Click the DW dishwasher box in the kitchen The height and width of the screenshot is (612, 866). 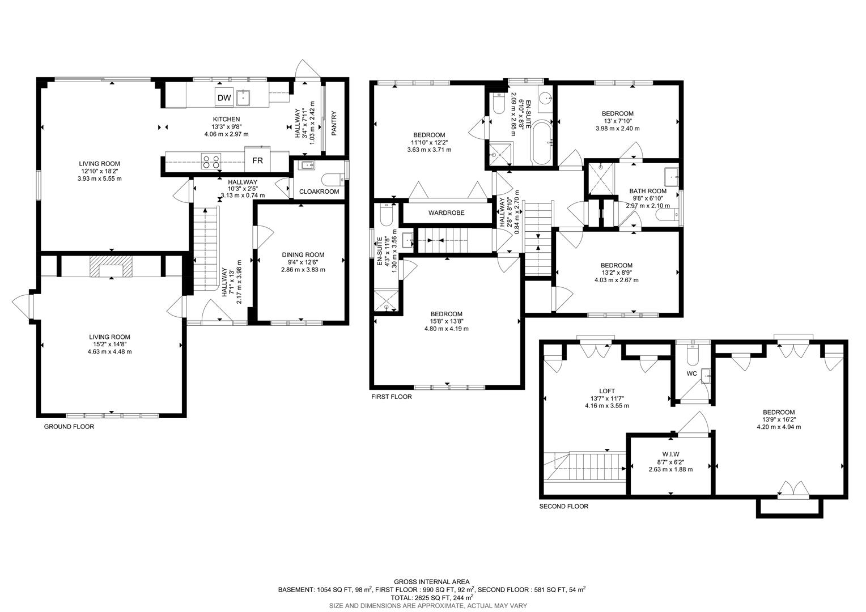(x=224, y=98)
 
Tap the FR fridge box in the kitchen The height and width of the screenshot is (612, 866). (x=257, y=160)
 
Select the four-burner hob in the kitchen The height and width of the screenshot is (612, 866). (x=211, y=162)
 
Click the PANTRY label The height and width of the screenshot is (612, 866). (x=334, y=122)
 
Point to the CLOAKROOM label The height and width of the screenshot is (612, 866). (x=319, y=192)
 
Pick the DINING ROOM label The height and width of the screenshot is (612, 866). (x=303, y=255)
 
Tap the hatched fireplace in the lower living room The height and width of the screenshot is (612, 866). (x=111, y=266)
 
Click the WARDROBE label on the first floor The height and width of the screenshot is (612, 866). (x=446, y=213)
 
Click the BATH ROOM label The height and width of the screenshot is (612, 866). (x=648, y=192)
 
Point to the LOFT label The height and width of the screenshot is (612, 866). (x=606, y=391)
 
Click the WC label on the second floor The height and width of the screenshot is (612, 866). (x=691, y=373)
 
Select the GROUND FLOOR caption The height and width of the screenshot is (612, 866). (x=69, y=427)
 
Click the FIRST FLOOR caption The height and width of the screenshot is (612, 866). (x=391, y=397)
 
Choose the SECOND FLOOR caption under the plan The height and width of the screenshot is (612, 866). (x=563, y=507)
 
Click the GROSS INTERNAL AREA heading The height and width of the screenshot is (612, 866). (x=431, y=581)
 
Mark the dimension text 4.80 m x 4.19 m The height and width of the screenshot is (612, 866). (x=446, y=329)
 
